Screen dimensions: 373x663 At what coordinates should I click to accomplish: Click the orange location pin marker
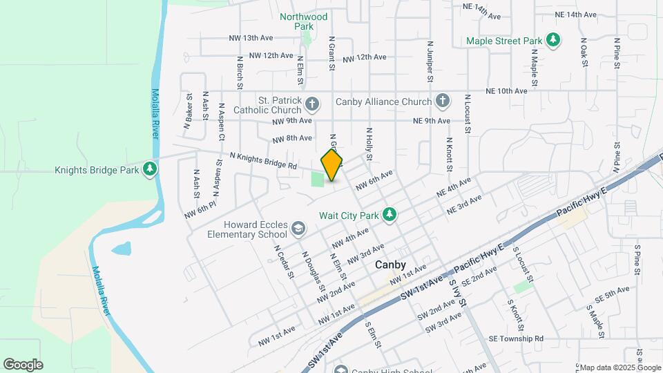[332, 165]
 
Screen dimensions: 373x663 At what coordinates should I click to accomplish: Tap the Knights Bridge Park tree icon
[150, 169]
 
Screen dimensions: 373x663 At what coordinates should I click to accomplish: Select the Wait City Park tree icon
[390, 215]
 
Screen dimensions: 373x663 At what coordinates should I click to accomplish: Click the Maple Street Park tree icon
[552, 41]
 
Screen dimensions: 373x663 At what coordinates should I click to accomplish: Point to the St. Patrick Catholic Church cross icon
[312, 105]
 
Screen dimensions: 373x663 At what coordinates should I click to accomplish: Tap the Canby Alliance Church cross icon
[442, 102]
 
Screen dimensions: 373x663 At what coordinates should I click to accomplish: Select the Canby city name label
[390, 265]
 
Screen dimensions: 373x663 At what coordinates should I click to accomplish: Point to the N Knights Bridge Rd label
[263, 161]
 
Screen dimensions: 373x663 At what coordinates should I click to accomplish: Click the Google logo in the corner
[23, 364]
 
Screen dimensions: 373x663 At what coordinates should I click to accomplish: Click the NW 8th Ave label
[292, 138]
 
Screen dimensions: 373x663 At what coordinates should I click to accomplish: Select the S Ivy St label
[458, 293]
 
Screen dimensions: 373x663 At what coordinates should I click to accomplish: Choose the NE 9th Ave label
[432, 121]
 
